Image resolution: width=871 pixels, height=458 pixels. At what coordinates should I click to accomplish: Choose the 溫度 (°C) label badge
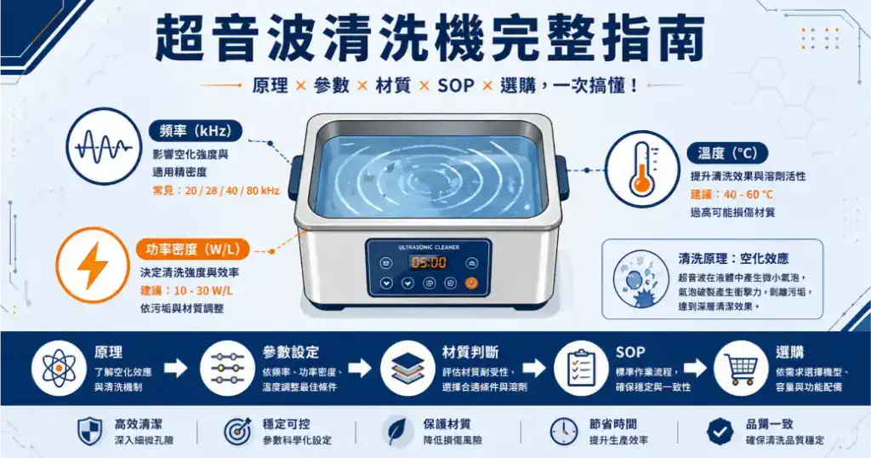click(727, 153)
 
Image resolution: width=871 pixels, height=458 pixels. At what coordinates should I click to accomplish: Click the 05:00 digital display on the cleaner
click(428, 262)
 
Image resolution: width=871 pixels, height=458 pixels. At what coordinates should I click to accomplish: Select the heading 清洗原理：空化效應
click(732, 259)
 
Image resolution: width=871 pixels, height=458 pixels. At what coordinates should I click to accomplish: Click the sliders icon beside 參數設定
click(228, 369)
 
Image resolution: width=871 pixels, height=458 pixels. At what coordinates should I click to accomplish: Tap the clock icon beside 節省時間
click(563, 431)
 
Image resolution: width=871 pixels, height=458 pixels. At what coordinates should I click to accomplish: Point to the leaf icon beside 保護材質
click(396, 431)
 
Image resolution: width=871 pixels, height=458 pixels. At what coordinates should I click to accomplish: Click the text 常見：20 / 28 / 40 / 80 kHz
click(216, 191)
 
